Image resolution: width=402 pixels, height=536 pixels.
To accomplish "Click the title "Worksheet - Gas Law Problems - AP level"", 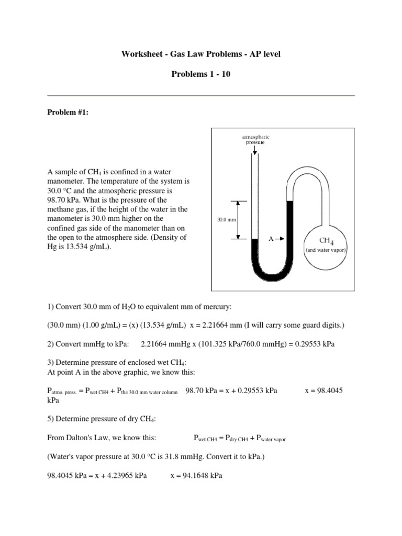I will pyautogui.click(x=200, y=54).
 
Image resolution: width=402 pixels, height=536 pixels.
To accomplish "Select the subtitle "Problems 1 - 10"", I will pyautogui.click(x=200, y=74).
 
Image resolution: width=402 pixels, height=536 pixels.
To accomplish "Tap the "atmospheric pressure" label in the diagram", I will pyautogui.click(x=255, y=139).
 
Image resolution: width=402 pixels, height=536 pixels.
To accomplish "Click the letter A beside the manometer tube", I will pyautogui.click(x=271, y=238).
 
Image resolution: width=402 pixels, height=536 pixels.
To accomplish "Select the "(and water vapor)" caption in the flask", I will pyautogui.click(x=327, y=250).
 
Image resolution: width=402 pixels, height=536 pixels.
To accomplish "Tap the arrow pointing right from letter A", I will pyautogui.click(x=280, y=238).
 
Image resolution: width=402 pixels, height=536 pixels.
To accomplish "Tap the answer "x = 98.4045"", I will pyautogui.click(x=323, y=390).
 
